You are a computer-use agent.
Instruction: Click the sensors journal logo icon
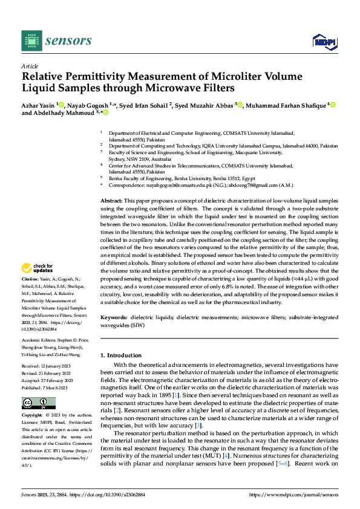(x=31, y=41)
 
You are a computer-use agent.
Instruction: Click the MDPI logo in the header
(x=324, y=41)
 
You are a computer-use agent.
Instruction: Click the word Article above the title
(x=30, y=66)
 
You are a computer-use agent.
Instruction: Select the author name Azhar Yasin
(x=38, y=106)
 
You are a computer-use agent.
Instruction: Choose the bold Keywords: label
(x=114, y=317)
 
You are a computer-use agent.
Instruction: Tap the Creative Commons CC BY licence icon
(x=38, y=404)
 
